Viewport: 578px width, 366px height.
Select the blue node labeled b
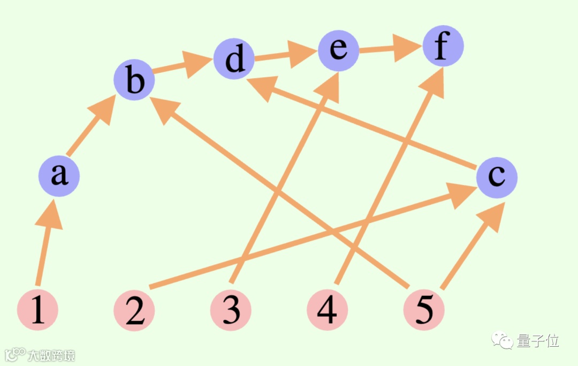click(134, 81)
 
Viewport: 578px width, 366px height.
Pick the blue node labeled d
click(234, 59)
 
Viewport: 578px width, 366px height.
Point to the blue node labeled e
click(338, 49)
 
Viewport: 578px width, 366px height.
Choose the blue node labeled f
click(443, 47)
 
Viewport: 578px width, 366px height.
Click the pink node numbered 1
click(37, 310)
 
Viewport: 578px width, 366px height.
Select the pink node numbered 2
click(134, 310)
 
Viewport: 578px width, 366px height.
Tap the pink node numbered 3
click(231, 310)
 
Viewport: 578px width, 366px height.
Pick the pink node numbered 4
click(328, 310)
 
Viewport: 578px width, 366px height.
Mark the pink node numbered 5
click(424, 310)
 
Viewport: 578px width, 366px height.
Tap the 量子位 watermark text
click(537, 341)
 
